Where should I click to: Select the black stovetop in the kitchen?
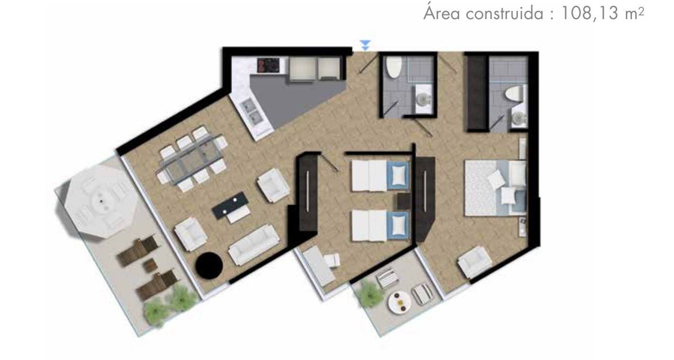pos(268,65)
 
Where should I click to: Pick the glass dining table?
pos(191,159)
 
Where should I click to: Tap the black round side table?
pos(209,265)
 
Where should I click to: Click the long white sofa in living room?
pos(254,245)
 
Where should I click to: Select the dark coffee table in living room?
pos(231,205)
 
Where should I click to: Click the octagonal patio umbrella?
pos(101,201)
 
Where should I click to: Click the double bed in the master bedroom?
pos(495,188)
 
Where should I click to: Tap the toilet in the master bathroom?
pos(514,93)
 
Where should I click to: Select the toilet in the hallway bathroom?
pos(394,67)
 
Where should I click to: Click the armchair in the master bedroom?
pos(475,262)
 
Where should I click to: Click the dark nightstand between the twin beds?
pos(404,201)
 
